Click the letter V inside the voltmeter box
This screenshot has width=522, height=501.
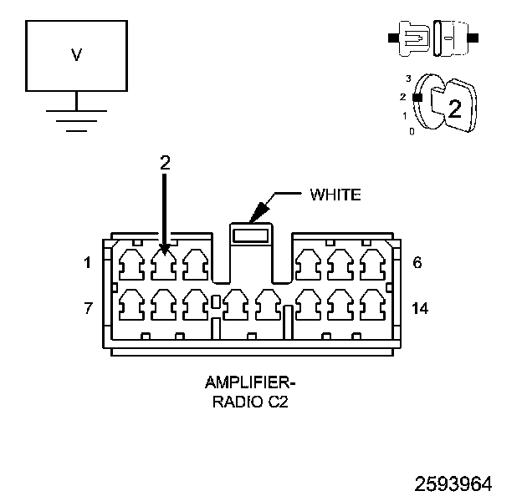(x=77, y=55)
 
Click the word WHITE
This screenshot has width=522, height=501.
(x=335, y=195)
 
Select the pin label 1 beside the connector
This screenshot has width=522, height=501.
(x=87, y=263)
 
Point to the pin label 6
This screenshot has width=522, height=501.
(x=417, y=263)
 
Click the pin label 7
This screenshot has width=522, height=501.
(x=88, y=308)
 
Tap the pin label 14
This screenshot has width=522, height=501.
(x=420, y=308)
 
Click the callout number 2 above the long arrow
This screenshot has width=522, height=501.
(x=165, y=163)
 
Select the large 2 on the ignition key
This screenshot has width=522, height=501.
(x=455, y=109)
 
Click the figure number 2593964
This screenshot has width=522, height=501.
(x=453, y=484)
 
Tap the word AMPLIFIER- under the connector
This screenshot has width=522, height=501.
(x=250, y=382)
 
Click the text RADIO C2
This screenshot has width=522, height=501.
(x=250, y=402)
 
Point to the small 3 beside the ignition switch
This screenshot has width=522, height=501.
(x=408, y=78)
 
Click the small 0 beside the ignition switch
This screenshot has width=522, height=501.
(x=412, y=132)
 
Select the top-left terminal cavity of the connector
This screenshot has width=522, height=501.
(x=131, y=265)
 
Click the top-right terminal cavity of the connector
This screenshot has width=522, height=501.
(x=373, y=265)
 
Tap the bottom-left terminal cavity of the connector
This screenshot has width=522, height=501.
(x=131, y=305)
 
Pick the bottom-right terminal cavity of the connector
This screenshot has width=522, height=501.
(x=373, y=305)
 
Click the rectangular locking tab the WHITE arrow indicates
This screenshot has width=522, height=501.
(x=251, y=235)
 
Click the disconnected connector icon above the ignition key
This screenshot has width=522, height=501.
(x=433, y=38)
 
